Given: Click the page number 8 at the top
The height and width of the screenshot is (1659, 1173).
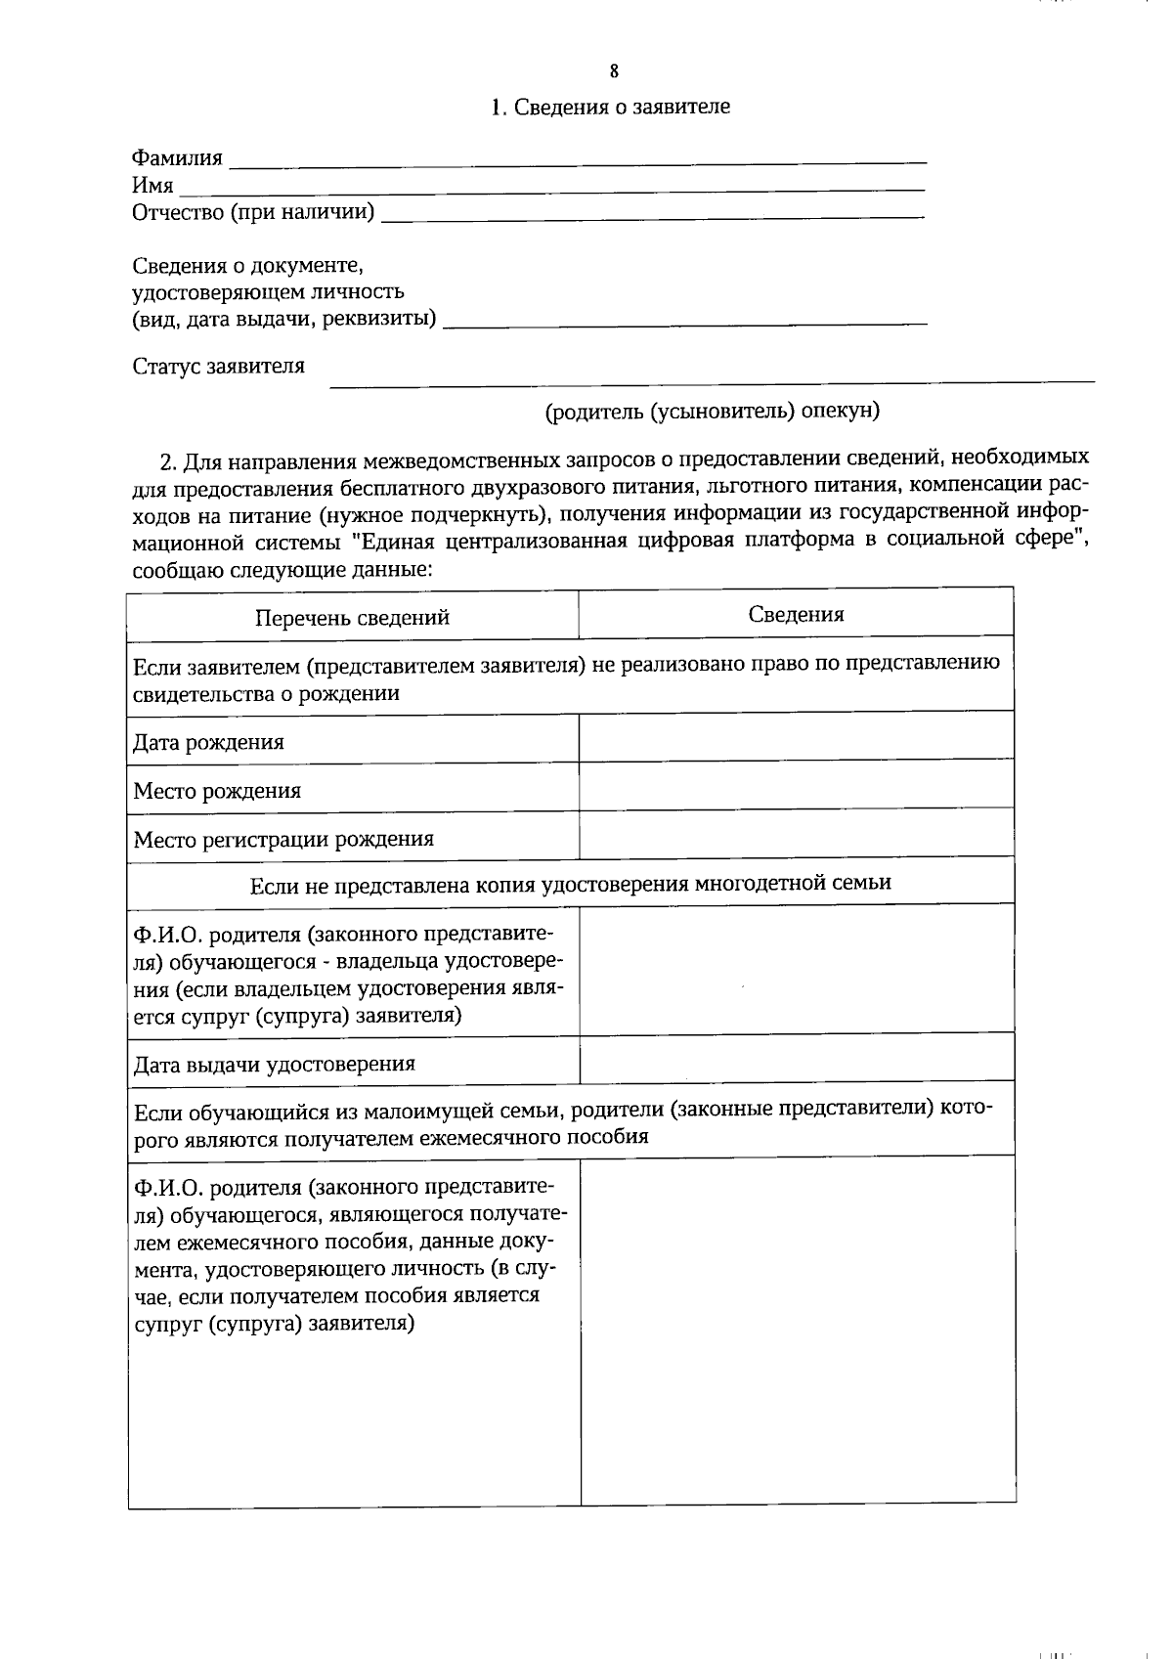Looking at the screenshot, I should coord(614,70).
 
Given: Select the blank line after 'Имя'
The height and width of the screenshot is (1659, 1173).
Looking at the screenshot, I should coord(552,186).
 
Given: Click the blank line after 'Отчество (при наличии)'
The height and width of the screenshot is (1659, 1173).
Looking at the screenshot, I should coord(652,213).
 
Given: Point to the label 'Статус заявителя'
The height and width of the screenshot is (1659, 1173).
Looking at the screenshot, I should coord(218,366).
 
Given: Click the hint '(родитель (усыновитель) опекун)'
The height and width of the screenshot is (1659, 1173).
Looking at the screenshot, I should coord(712,411).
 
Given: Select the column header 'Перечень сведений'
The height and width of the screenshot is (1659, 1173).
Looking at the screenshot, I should coord(352,618).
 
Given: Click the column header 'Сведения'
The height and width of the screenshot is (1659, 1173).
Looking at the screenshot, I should coord(796,614).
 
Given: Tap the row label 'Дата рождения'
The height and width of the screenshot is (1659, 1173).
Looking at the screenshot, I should coord(208,742).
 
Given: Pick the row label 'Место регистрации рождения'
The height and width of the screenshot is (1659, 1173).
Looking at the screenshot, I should coord(283,839).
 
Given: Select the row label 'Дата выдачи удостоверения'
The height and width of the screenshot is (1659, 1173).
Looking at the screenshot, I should coord(274,1064).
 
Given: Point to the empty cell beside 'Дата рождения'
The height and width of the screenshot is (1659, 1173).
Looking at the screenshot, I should coord(796,737).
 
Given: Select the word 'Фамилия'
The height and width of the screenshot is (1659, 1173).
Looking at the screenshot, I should coord(177,158).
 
